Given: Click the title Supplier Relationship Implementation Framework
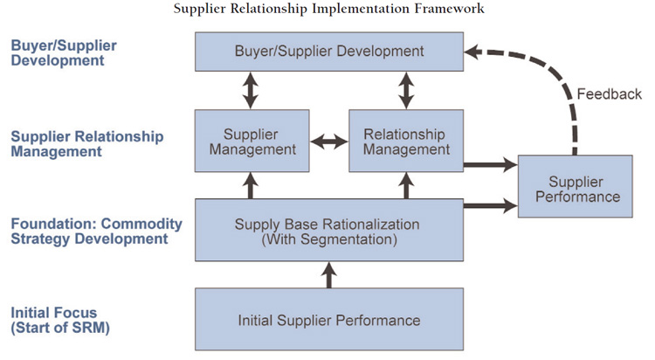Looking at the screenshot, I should tap(328, 10).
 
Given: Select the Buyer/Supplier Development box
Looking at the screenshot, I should tap(328, 52).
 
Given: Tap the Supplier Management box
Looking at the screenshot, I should tap(252, 141).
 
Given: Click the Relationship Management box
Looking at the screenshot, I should tap(404, 141).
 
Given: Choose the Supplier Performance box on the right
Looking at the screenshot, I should tap(575, 189).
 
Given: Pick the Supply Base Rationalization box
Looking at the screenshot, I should tap(328, 230).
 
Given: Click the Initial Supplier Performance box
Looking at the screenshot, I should tap(328, 320).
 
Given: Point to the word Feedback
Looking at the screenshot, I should tap(609, 94).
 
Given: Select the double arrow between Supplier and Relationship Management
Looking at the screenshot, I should tap(329, 141).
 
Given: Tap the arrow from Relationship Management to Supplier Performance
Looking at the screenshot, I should tap(489, 163).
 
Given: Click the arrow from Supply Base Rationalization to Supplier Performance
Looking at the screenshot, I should tap(489, 206).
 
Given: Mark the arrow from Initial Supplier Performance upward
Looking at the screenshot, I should tap(329, 275).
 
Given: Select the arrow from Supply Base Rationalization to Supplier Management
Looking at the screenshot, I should tap(252, 185).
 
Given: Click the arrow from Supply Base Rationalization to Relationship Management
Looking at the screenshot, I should tap(405, 185).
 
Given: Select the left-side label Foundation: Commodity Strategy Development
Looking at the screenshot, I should tap(96, 232).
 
